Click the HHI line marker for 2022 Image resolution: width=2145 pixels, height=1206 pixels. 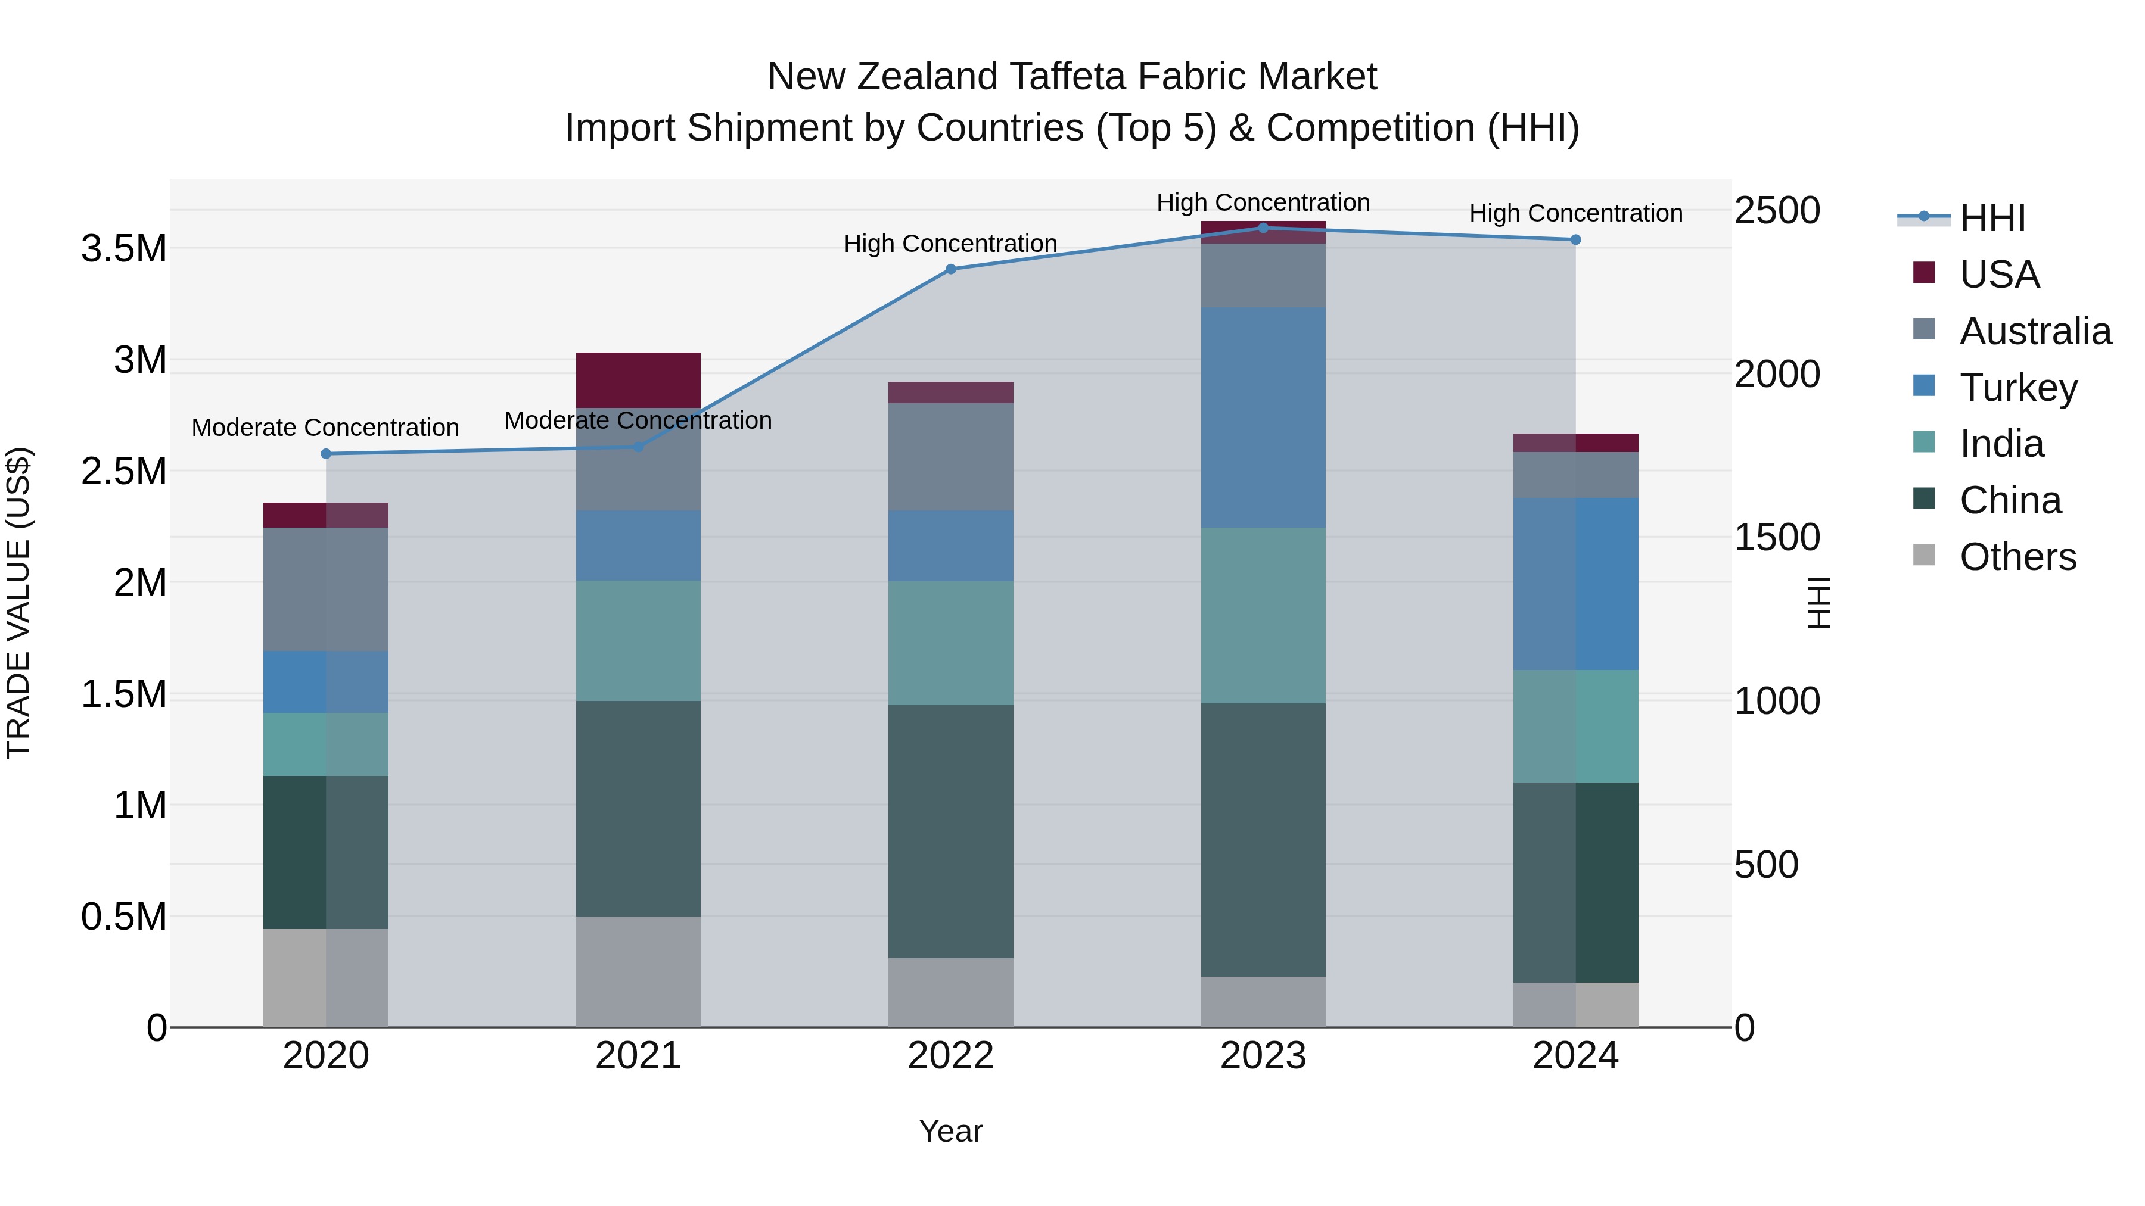tap(951, 269)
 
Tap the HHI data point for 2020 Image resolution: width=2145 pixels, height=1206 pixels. tap(325, 454)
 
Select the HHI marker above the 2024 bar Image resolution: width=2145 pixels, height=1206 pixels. tap(1575, 239)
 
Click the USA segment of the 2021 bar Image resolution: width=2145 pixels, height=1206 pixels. tap(638, 379)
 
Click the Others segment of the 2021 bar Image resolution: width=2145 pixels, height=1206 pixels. tap(638, 971)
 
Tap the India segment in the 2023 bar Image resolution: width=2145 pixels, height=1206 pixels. tap(1263, 615)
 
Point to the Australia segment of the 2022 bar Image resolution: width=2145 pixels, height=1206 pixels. tap(951, 456)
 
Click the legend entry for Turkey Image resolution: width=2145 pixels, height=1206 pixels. tap(2019, 387)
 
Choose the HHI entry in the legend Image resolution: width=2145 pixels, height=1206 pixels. tap(1992, 218)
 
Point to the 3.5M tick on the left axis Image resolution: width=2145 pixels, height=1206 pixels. tap(123, 248)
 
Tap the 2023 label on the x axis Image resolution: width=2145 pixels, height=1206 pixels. tap(1263, 1055)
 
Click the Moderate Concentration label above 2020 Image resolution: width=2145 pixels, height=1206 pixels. tap(325, 427)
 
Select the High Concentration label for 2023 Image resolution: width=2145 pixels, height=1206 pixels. tap(1263, 202)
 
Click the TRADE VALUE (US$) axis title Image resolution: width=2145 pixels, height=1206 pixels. tap(18, 603)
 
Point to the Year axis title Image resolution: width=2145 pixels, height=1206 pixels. tap(951, 1131)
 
